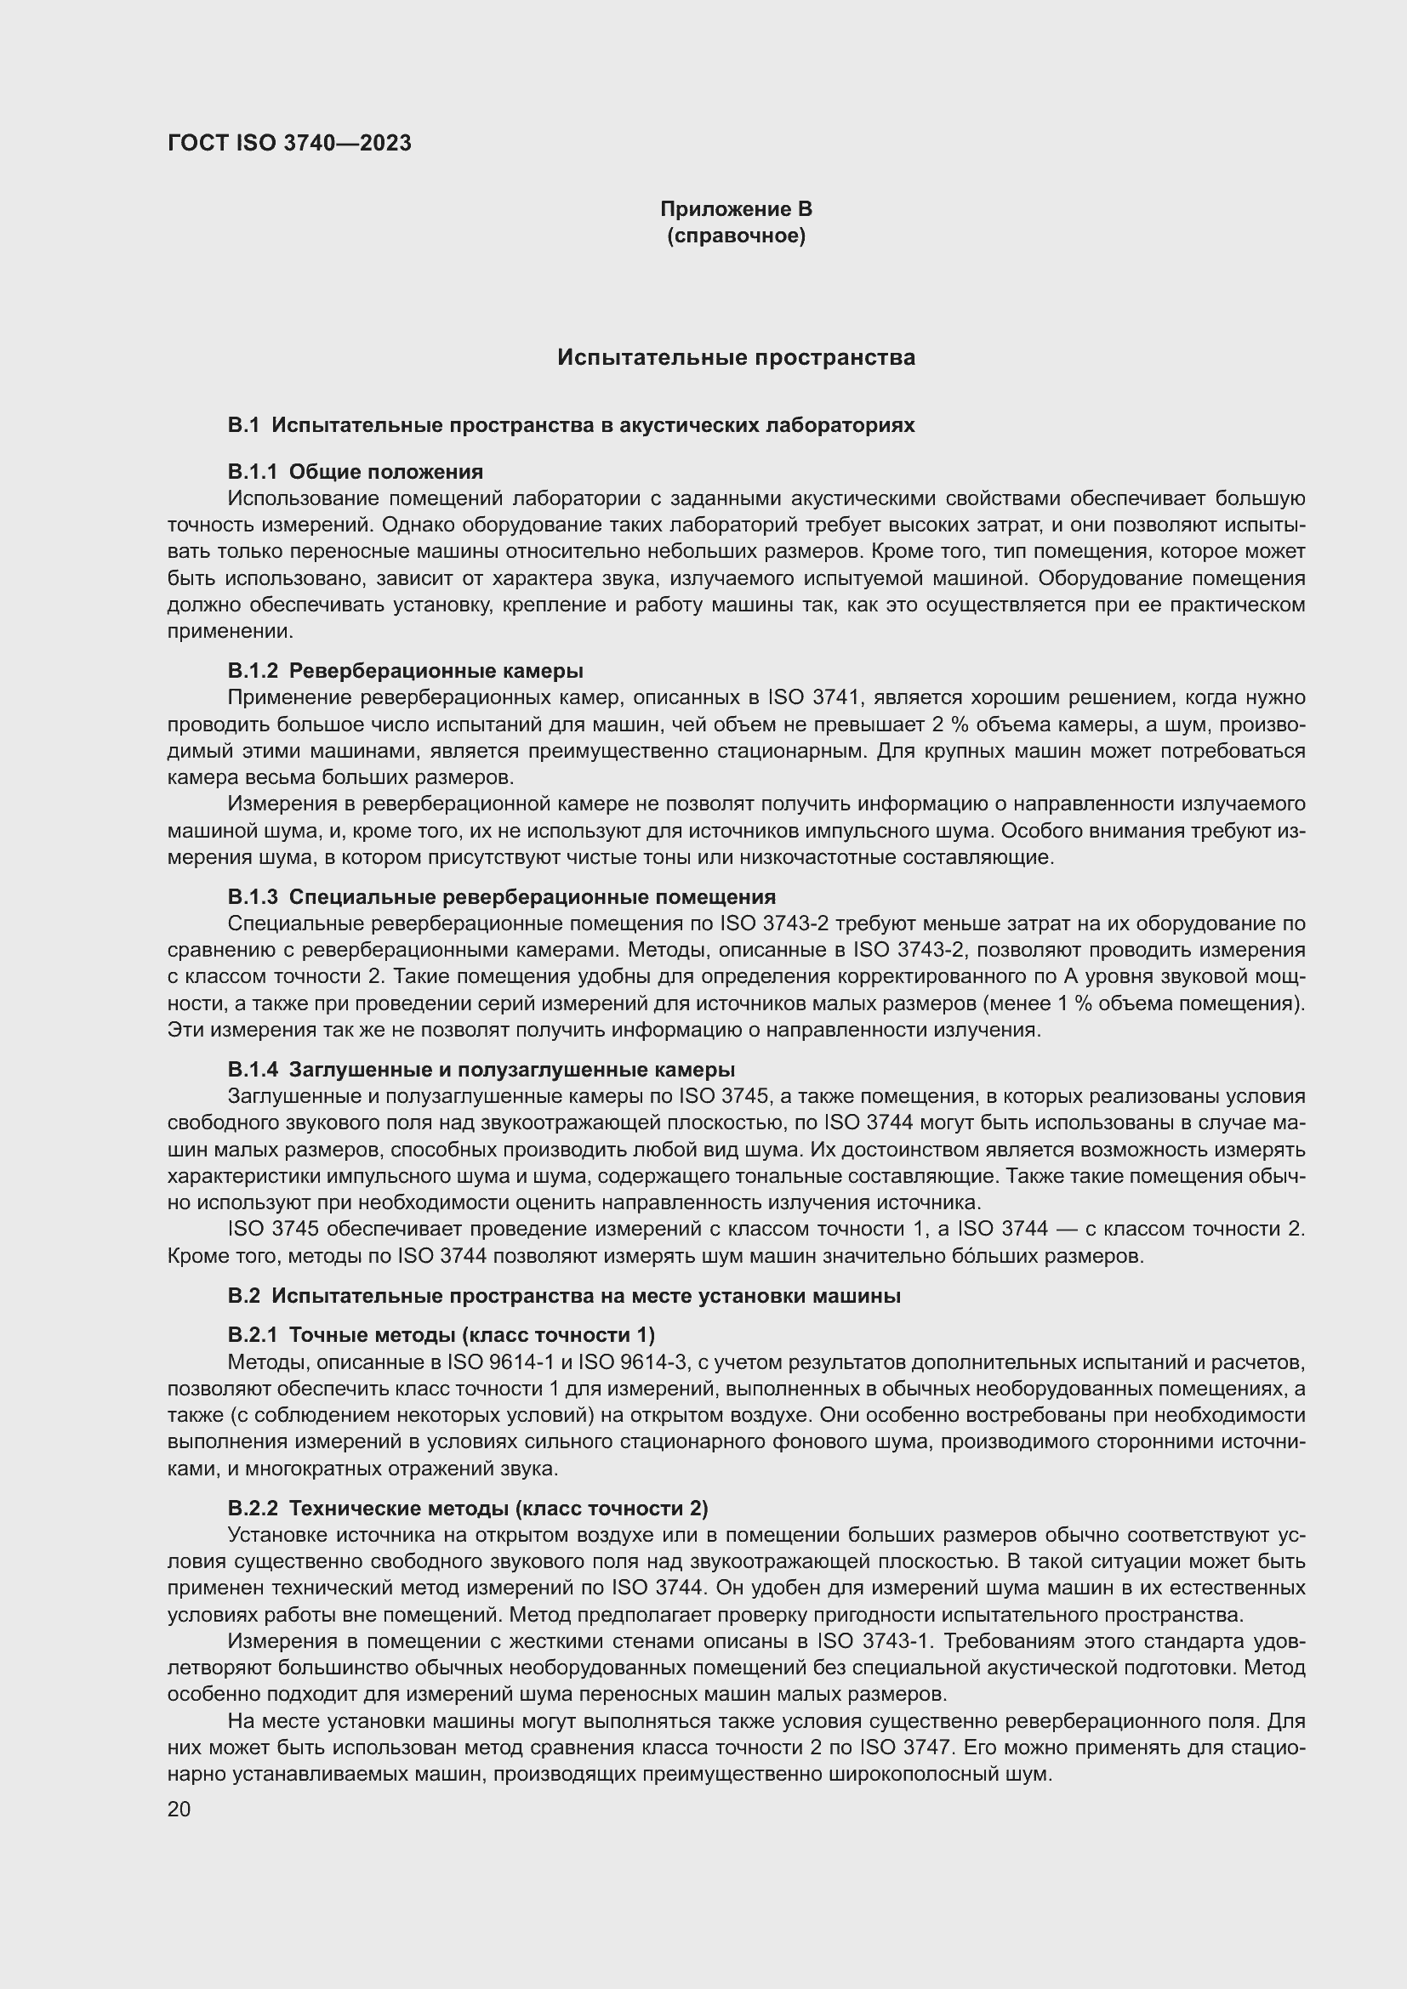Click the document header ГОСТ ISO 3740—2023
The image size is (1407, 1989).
289,143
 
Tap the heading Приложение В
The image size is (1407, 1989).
736,209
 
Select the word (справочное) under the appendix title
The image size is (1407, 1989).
736,236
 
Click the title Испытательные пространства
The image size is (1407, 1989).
736,357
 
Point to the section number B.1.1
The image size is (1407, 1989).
253,471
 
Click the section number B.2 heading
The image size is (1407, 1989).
243,1295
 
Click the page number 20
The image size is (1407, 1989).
179,1809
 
